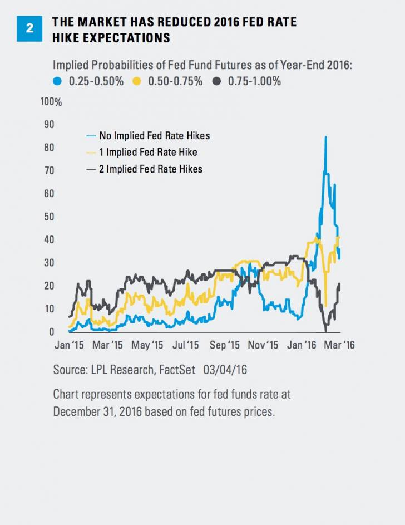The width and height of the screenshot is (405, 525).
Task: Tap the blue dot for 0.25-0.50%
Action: click(57, 81)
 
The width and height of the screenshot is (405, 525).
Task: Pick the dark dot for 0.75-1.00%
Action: click(216, 81)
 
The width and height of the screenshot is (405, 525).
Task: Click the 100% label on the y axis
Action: click(52, 102)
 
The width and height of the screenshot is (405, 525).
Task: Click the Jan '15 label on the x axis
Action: click(69, 345)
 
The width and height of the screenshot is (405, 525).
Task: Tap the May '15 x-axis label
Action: click(148, 345)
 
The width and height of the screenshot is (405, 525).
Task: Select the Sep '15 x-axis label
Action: click(225, 345)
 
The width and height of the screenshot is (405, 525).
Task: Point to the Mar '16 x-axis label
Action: click(339, 345)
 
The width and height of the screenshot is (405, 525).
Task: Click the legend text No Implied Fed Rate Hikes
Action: click(154, 135)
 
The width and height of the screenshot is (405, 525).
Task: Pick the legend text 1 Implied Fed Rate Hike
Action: click(148, 152)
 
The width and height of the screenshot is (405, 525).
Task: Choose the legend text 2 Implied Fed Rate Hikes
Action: click(150, 168)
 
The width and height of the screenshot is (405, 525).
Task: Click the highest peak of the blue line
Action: click(325, 137)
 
